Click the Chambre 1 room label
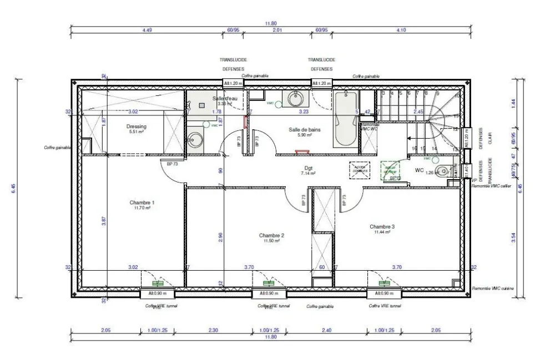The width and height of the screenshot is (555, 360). [x=142, y=202]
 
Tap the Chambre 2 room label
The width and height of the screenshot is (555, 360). [x=271, y=235]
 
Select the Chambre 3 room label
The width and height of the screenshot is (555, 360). [x=382, y=226]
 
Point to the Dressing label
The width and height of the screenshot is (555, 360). [x=136, y=126]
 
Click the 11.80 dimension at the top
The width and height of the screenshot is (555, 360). [x=270, y=23]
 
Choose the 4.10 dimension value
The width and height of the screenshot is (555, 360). [x=401, y=30]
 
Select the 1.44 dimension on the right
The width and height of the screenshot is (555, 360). [x=513, y=102]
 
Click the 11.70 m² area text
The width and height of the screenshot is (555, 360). [x=142, y=209]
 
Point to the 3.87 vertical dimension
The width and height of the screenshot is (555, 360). [x=104, y=221]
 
